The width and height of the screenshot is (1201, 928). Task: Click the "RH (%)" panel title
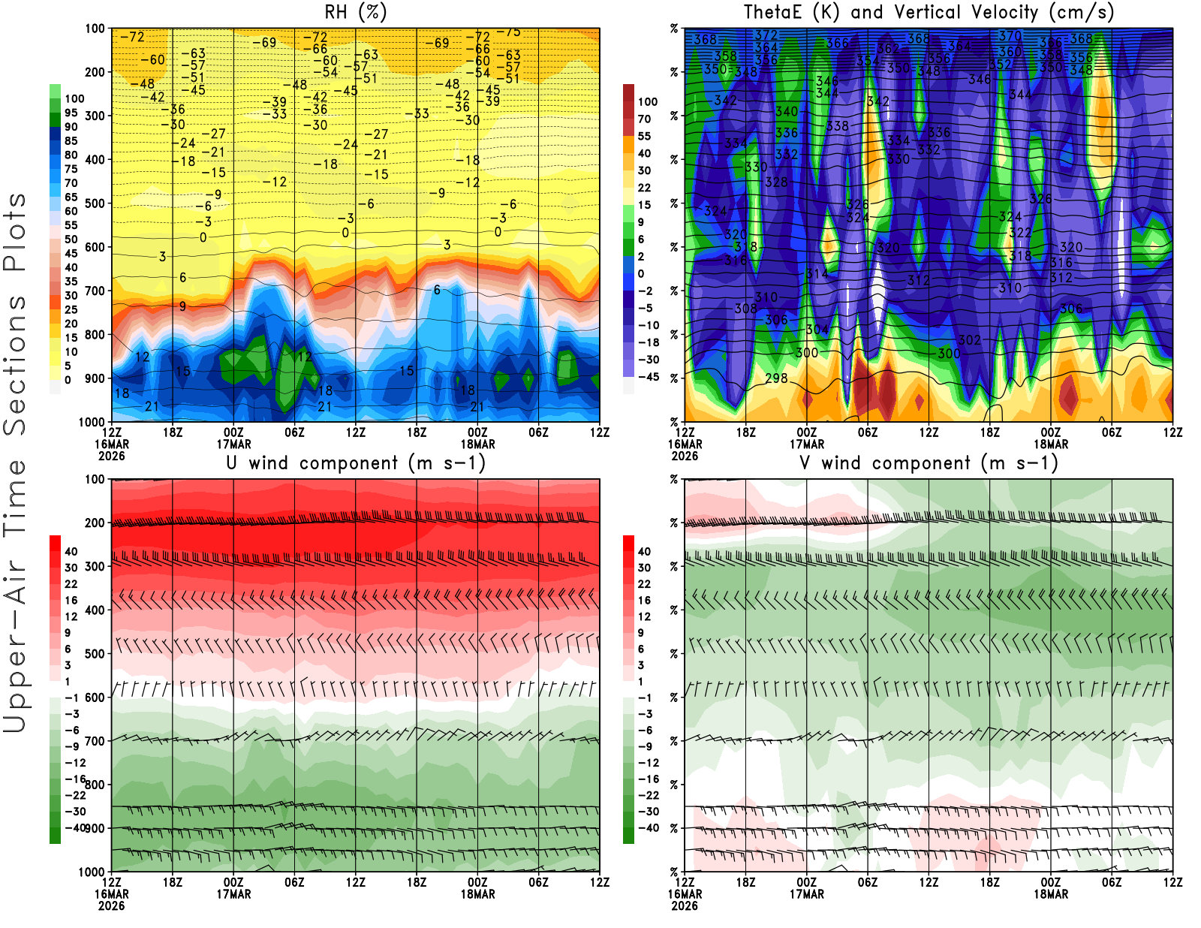tap(355, 13)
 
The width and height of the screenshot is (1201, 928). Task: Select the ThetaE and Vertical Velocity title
tap(929, 13)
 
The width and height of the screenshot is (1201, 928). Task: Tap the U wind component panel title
tap(355, 463)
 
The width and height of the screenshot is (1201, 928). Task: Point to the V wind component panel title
tap(929, 463)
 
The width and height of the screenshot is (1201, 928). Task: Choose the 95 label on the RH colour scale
tap(71, 113)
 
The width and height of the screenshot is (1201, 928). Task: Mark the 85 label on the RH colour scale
tap(71, 140)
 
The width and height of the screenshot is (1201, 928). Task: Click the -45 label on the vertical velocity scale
tap(648, 377)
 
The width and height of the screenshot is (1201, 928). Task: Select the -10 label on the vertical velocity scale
tap(648, 325)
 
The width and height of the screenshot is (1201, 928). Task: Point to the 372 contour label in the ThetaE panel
tap(766, 35)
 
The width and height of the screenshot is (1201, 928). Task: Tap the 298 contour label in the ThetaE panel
tap(776, 378)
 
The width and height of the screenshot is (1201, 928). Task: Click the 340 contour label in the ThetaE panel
tap(787, 112)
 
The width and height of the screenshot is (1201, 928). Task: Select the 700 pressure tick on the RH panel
tap(95, 291)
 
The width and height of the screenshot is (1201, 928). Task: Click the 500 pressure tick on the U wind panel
tap(95, 654)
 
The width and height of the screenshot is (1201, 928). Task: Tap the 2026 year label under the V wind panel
tap(685, 905)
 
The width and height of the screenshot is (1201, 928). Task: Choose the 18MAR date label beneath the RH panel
tap(477, 444)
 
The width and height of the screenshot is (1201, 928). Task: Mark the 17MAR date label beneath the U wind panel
tap(233, 894)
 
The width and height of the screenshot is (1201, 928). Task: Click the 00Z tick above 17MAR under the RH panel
tap(233, 432)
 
